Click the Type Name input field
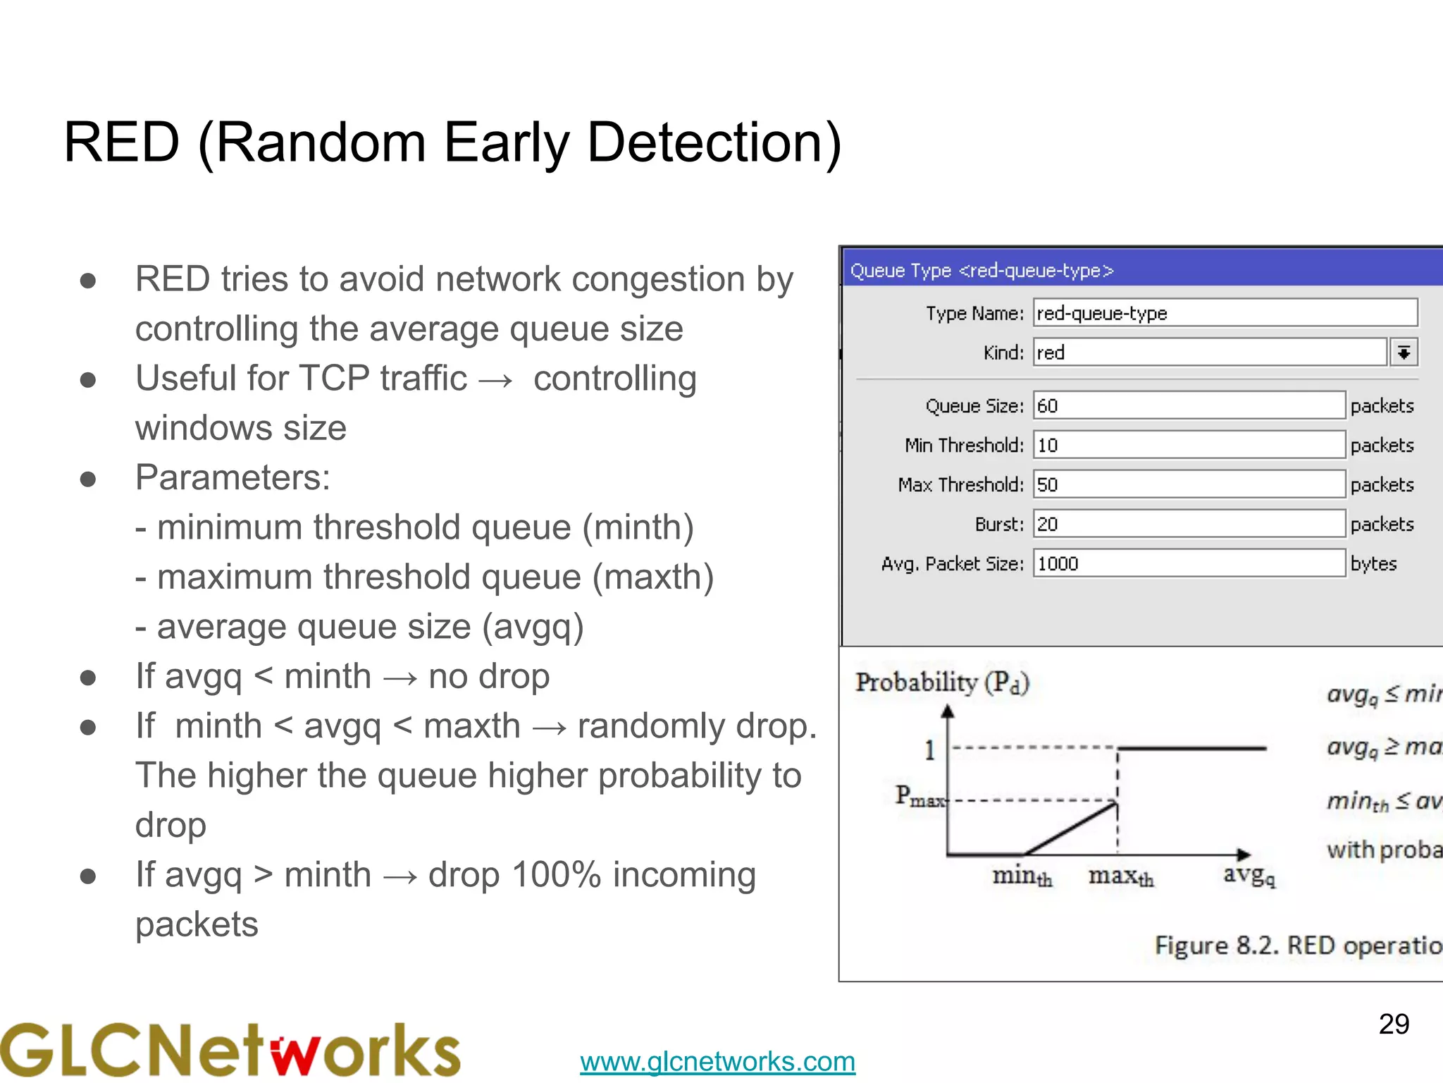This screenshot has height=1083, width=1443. (1225, 312)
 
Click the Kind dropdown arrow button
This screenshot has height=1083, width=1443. (1404, 352)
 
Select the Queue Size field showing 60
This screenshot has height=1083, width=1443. (1189, 405)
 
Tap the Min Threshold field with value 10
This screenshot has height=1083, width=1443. (1189, 445)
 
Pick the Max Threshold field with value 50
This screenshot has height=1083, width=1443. (1189, 484)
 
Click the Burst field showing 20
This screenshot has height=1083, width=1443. (1189, 524)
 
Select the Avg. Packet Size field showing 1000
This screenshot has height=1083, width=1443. (1189, 563)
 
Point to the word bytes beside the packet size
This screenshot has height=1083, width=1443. (1373, 563)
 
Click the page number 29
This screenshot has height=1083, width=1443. (1394, 1024)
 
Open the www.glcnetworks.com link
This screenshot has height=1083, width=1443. (717, 1061)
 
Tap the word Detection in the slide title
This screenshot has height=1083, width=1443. (714, 142)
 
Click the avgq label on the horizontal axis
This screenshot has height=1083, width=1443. (1249, 875)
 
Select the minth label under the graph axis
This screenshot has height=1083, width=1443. (1022, 876)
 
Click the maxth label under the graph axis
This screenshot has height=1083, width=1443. (1120, 876)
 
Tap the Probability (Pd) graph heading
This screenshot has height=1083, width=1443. (942, 683)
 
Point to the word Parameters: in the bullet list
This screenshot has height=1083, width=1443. (233, 477)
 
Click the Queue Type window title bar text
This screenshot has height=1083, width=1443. (981, 270)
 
